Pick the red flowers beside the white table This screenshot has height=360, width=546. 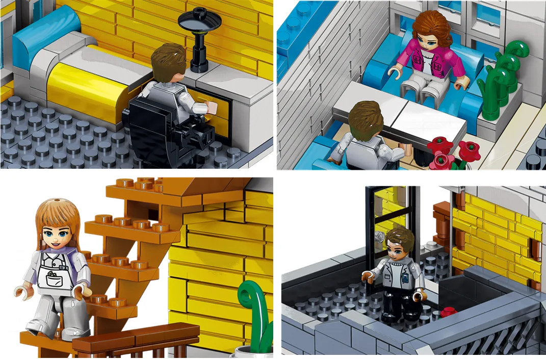point(448,152)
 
